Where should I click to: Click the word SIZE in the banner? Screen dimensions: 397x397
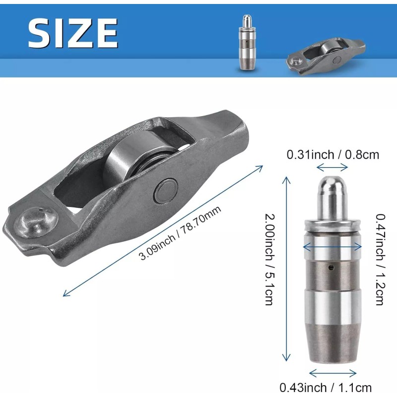pyautogui.click(x=73, y=33)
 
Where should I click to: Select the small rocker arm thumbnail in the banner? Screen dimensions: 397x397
pyautogui.click(x=326, y=57)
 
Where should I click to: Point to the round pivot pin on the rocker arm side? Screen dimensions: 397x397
pyautogui.click(x=166, y=191)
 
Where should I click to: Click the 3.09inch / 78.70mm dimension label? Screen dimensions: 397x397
pyautogui.click(x=180, y=233)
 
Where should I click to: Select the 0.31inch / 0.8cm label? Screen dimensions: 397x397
pyautogui.click(x=332, y=155)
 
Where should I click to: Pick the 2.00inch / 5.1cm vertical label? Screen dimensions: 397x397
pyautogui.click(x=269, y=259)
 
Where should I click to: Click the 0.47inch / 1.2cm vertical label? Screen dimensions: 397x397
pyautogui.click(x=380, y=259)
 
